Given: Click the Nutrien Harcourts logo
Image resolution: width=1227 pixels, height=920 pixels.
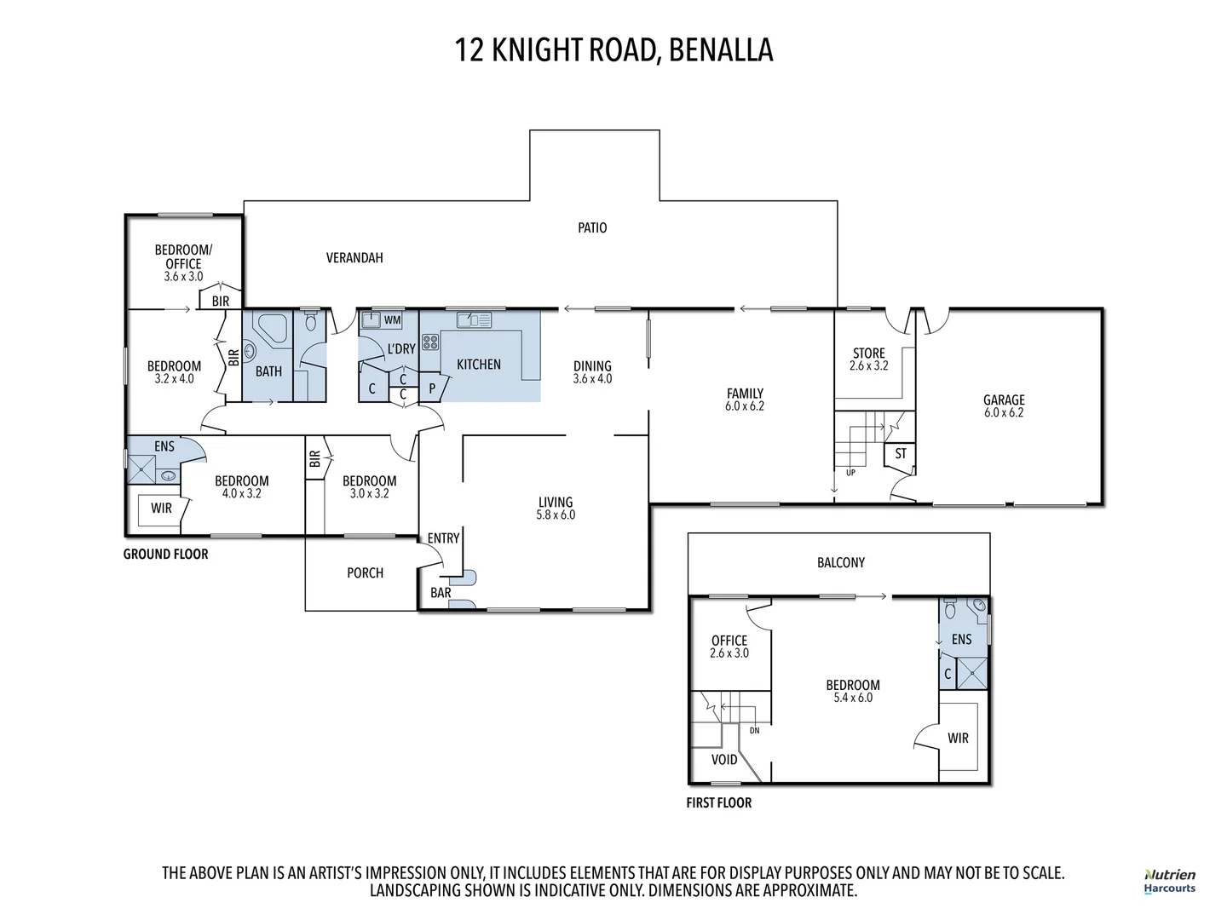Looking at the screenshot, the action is coord(1169,882).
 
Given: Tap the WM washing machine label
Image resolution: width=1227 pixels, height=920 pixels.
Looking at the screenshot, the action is coord(392,320).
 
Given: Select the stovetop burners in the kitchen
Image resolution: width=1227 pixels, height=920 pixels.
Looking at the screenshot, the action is coord(429,342).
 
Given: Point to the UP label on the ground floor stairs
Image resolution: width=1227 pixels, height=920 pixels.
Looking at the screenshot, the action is coord(850,473).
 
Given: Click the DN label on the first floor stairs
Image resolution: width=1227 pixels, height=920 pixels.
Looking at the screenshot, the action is coord(755,731).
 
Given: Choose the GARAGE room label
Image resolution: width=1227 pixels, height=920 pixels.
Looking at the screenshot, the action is coord(1004,400).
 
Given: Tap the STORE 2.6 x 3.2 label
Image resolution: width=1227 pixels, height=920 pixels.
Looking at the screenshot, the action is coord(868,359).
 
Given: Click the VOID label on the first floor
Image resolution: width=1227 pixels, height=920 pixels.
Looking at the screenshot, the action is coord(724,760).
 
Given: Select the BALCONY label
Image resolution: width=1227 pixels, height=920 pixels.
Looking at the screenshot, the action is coord(841,562).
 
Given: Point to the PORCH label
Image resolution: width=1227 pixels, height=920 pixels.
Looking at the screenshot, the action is coord(365,573).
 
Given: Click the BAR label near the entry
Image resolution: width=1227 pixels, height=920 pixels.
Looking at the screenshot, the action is coord(441,593).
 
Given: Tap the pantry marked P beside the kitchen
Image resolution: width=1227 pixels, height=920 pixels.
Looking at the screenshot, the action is coord(432,388).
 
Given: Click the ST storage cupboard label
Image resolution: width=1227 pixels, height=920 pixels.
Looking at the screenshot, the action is coord(900,453).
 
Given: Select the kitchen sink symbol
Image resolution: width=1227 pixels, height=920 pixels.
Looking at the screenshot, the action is coord(474,320).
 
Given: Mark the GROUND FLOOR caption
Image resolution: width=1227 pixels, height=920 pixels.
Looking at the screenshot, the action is coord(165,554).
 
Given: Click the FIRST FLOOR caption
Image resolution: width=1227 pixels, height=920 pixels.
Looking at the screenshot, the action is coord(719,802).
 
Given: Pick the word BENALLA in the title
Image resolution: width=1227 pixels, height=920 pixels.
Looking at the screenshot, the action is coord(721,49).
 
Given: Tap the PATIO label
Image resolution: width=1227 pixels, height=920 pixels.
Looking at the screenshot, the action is coord(592,228).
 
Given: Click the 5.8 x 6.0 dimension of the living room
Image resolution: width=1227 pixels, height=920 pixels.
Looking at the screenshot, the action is coord(556,515).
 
